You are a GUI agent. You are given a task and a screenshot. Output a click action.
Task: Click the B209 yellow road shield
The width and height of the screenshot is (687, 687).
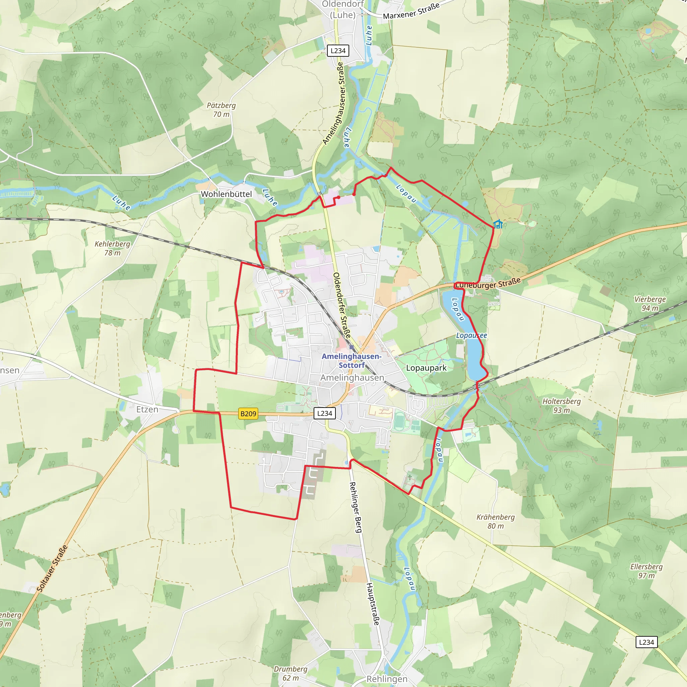[x=248, y=414]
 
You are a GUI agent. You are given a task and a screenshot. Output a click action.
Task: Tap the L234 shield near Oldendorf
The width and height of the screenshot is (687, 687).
[x=337, y=51]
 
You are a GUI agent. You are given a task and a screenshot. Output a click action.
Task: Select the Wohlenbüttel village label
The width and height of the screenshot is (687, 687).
[x=226, y=194]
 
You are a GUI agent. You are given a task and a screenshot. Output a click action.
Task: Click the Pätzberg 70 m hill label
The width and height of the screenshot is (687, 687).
[x=221, y=110]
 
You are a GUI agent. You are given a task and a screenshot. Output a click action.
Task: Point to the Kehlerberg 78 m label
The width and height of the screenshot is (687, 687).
[x=112, y=248]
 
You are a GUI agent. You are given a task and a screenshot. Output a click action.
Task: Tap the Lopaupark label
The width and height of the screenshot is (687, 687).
[x=426, y=368]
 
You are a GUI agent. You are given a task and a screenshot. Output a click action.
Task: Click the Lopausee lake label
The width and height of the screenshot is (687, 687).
[x=471, y=335]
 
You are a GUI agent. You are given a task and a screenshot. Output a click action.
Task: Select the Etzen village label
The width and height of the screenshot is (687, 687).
[x=147, y=409]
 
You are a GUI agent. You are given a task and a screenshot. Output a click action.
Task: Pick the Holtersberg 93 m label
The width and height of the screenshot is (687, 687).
[x=561, y=406]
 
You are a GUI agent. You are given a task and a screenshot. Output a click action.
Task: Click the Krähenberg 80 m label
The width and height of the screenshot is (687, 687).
[x=495, y=521]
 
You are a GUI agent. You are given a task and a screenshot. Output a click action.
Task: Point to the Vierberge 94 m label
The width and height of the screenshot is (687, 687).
[x=650, y=304]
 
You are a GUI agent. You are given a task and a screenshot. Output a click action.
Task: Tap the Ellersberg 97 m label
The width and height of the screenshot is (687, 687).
[x=646, y=571]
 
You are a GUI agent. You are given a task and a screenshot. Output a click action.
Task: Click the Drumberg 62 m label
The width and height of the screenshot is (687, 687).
[x=290, y=673]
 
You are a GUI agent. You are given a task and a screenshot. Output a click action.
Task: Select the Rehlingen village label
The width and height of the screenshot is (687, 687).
[x=387, y=679]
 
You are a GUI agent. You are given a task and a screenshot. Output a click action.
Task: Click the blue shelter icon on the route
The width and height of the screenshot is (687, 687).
[x=498, y=224]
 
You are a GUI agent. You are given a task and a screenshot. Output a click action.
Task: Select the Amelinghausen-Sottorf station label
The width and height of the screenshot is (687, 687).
[x=351, y=361]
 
